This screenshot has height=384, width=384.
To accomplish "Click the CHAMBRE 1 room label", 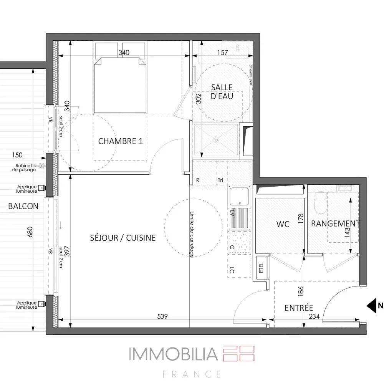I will [x=121, y=141].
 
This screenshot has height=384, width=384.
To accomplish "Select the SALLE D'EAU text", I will [x=222, y=92].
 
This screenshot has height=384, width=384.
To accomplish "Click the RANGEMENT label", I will [x=335, y=223].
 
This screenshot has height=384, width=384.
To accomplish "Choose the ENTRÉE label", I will [x=299, y=308].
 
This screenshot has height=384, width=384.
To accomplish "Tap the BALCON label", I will [x=23, y=206].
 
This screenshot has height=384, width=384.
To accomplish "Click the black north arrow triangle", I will [x=371, y=306].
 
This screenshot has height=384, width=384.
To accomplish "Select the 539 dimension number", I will [x=163, y=316].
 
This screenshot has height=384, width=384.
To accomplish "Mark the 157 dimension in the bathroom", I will [x=223, y=53].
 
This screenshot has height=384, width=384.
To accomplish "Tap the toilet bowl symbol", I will [x=319, y=203].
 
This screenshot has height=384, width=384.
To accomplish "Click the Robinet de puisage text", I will [x=24, y=168].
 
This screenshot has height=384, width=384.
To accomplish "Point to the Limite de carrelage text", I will [x=192, y=234].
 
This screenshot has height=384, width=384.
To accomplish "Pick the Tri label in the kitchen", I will [x=220, y=180].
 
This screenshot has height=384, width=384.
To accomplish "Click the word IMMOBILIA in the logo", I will [x=172, y=354].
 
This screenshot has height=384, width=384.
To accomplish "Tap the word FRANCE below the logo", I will [x=192, y=374].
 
